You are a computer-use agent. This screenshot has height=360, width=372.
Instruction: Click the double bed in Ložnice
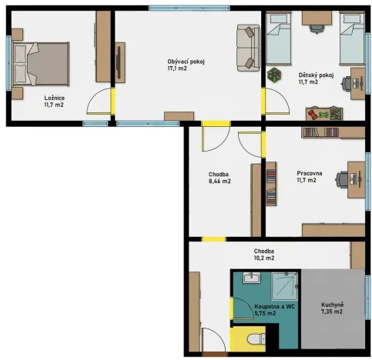(x=42, y=62)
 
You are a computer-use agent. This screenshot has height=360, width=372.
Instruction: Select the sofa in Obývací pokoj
(x=247, y=46)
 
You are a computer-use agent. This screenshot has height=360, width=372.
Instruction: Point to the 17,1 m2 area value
(x=178, y=69)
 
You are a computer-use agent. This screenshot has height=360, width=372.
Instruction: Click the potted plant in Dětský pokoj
(x=275, y=75)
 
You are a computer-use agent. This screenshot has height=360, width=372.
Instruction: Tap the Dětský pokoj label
(x=315, y=75)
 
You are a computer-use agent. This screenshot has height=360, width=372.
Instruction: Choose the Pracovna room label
(x=310, y=172)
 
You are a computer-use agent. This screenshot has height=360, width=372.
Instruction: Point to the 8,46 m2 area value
(x=219, y=183)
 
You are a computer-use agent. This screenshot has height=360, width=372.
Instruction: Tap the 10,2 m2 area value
(x=265, y=259)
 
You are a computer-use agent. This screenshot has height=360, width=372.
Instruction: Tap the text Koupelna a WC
(x=269, y=305)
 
